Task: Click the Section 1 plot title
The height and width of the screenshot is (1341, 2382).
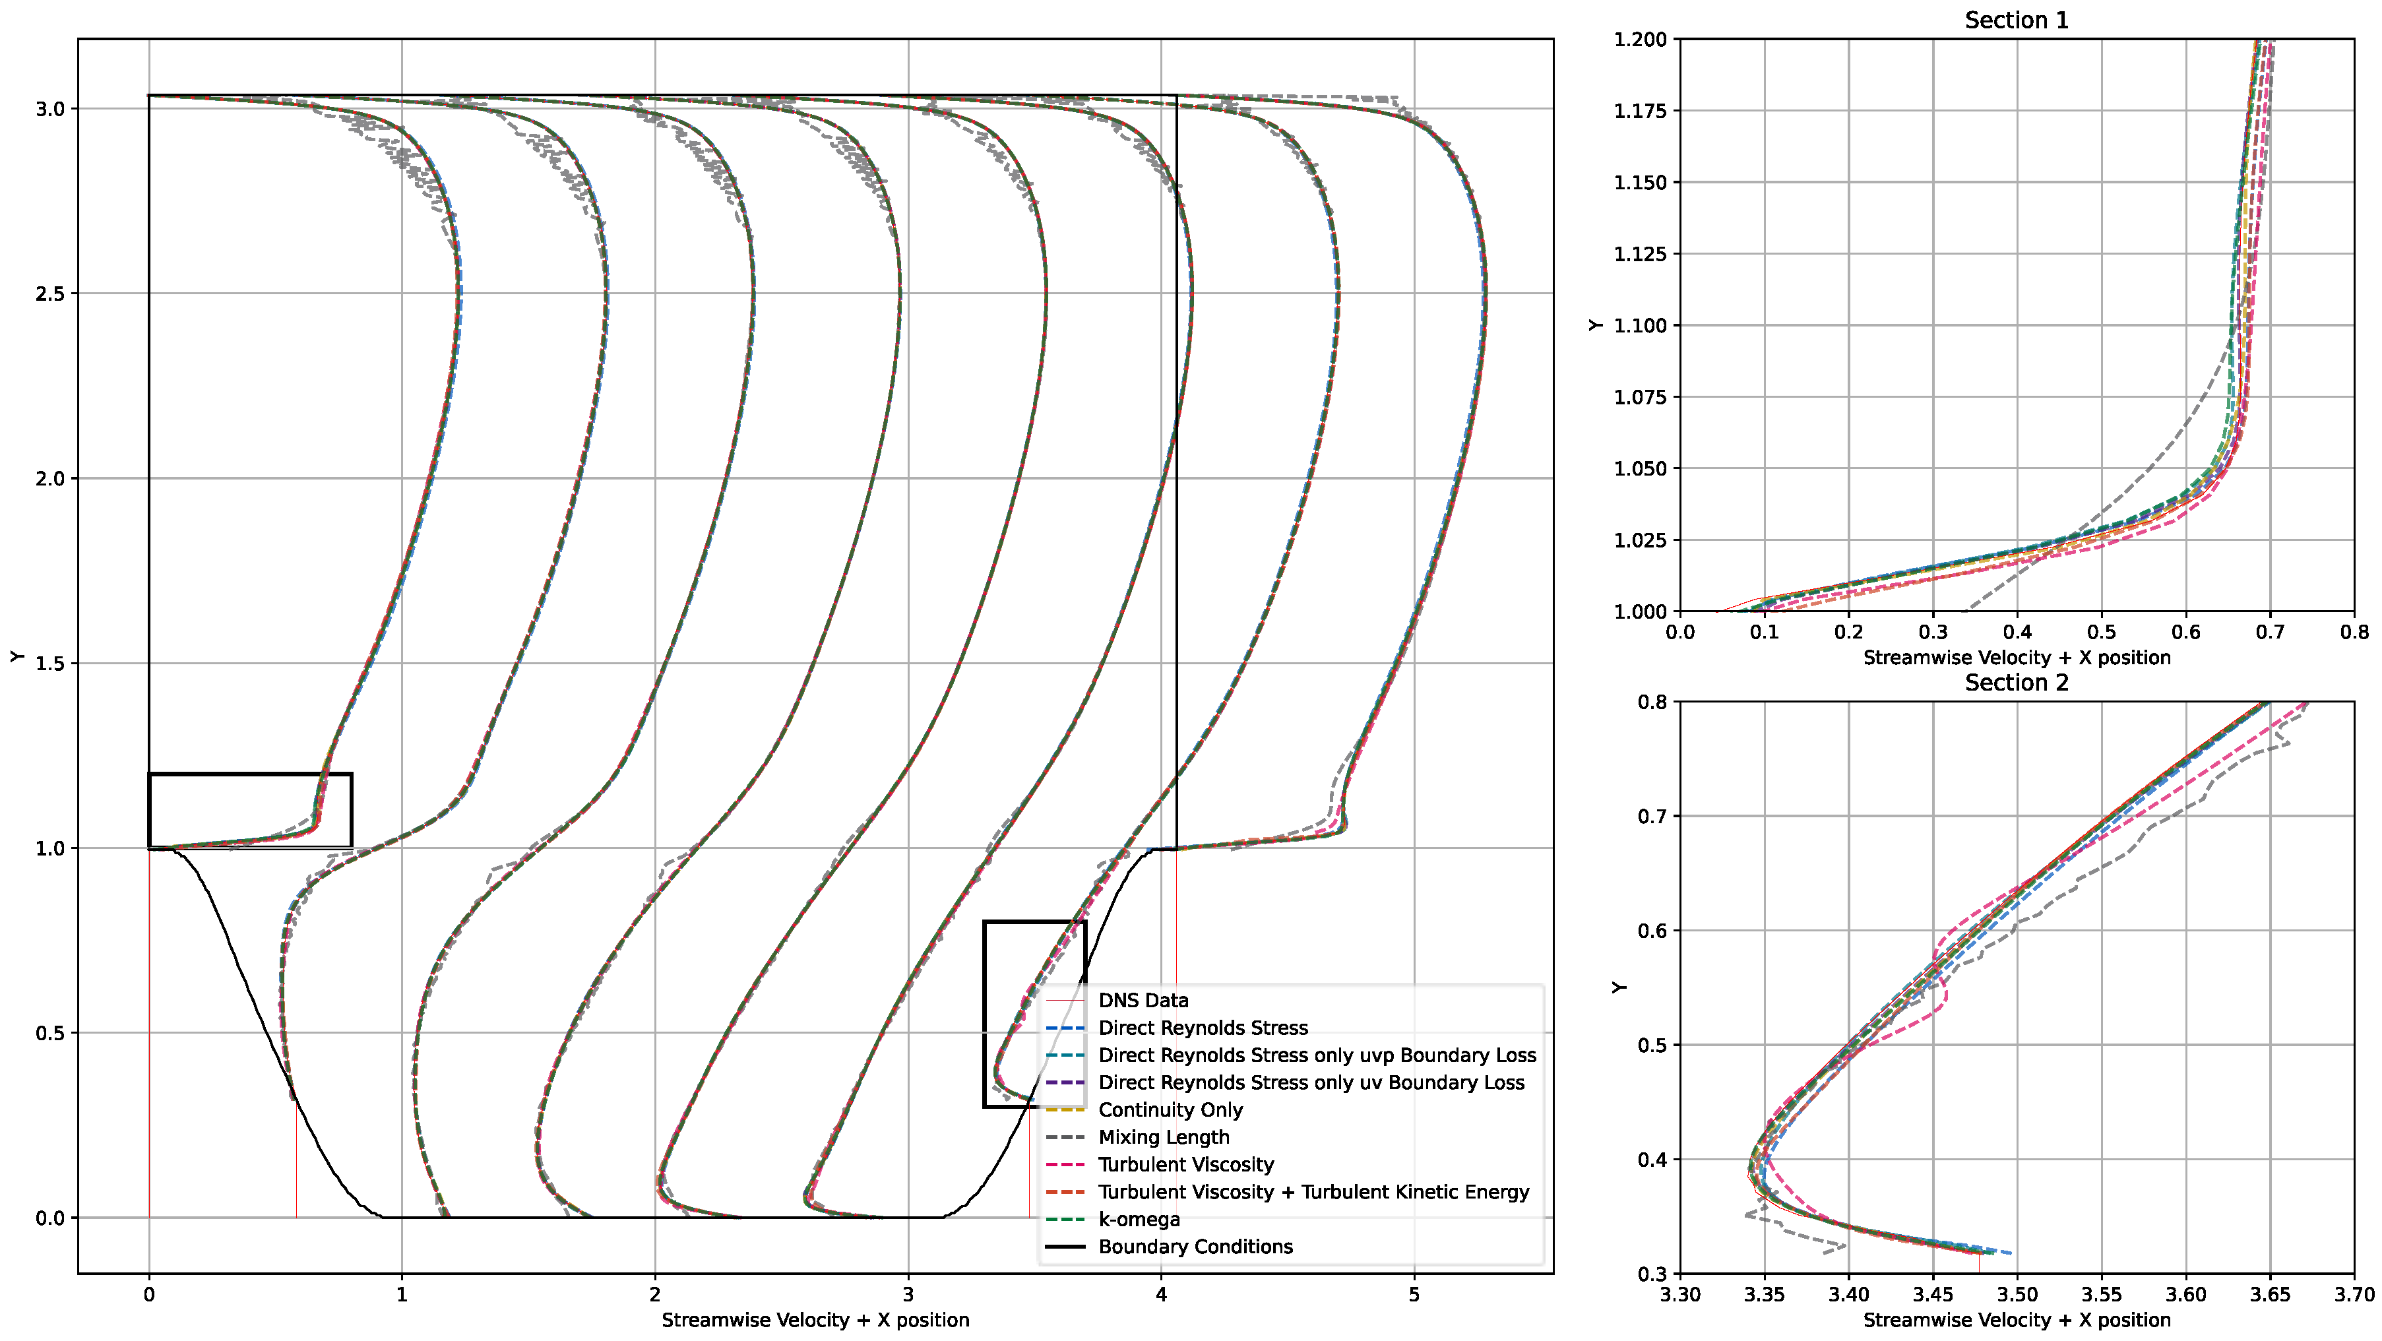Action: [2016, 20]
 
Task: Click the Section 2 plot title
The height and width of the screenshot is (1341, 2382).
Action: [2016, 683]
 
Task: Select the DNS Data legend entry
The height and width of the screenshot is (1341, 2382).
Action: [1143, 1000]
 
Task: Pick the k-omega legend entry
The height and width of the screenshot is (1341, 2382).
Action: [1139, 1219]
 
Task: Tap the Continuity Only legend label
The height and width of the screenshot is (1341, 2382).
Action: [1170, 1109]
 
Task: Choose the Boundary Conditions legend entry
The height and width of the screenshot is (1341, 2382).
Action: [1195, 1246]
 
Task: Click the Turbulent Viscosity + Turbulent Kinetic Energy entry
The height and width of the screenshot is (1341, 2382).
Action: [1313, 1191]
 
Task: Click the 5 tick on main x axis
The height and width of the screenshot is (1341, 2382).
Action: [1414, 1295]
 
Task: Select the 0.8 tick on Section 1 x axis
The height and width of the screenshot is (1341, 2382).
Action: [2354, 633]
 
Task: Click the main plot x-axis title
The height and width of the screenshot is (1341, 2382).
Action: [815, 1321]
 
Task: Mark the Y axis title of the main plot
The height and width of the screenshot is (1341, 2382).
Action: [16, 656]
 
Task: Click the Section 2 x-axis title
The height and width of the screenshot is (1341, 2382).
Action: [2016, 1321]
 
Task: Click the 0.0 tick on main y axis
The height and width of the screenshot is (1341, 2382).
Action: [50, 1218]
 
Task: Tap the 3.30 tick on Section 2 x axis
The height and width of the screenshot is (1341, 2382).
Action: [1679, 1295]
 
